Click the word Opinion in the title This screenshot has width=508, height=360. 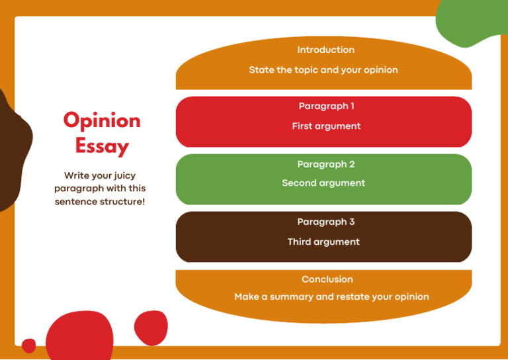tap(102, 120)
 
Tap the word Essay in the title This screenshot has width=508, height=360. tap(102, 146)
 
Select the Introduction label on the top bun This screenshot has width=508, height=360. tap(325, 50)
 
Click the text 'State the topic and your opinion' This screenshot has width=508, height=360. tap(323, 70)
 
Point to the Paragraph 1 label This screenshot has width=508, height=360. tap(326, 107)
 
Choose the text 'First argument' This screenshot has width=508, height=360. tap(326, 126)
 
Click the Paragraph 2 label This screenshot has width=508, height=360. tap(325, 164)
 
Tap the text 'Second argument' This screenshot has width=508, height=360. tap(323, 183)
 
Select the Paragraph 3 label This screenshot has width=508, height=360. tap(325, 222)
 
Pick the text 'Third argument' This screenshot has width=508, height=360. tap(323, 242)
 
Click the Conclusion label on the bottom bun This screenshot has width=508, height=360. tap(327, 280)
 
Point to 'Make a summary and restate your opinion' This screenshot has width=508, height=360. tap(331, 297)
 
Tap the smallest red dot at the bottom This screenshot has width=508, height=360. tap(28, 345)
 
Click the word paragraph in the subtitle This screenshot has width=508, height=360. tap(81, 189)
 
